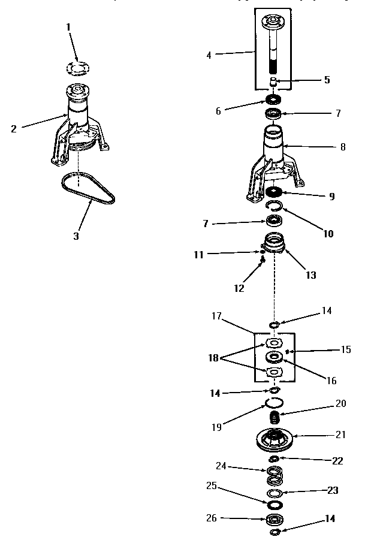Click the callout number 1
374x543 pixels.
[x=69, y=27]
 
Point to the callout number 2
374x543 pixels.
[x=13, y=128]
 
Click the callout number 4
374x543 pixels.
[x=209, y=55]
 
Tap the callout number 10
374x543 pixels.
[x=328, y=234]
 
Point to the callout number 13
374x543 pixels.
[x=310, y=276]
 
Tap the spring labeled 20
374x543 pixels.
[x=275, y=415]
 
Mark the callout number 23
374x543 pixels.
[x=332, y=490]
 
